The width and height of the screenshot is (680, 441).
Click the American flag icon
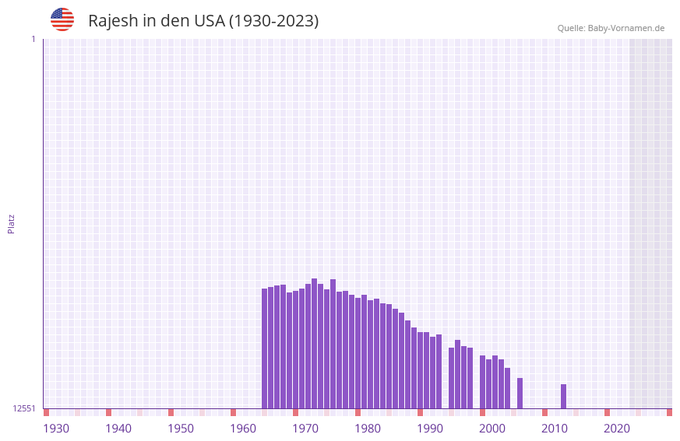[62, 19]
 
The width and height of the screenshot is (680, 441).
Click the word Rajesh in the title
[112, 21]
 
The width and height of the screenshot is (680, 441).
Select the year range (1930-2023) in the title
[273, 21]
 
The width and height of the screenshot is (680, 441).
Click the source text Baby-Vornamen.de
[626, 28]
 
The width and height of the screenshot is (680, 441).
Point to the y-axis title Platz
[11, 223]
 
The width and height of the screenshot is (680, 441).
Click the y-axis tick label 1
[33, 39]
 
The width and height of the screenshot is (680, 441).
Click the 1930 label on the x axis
[56, 429]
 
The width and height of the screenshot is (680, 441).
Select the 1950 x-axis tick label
[181, 429]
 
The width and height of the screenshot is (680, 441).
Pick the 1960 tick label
[243, 429]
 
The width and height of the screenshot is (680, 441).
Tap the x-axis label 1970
[305, 429]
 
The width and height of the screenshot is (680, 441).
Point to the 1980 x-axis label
[368, 429]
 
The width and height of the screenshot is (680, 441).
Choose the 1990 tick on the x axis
[430, 429]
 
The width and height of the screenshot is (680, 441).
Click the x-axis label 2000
[492, 429]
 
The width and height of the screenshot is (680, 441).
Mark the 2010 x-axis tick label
[555, 429]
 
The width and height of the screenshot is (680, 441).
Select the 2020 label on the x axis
[617, 429]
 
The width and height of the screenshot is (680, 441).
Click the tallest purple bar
[315, 342]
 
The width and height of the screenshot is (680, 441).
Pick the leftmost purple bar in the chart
[265, 348]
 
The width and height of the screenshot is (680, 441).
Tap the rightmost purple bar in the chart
[564, 396]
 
